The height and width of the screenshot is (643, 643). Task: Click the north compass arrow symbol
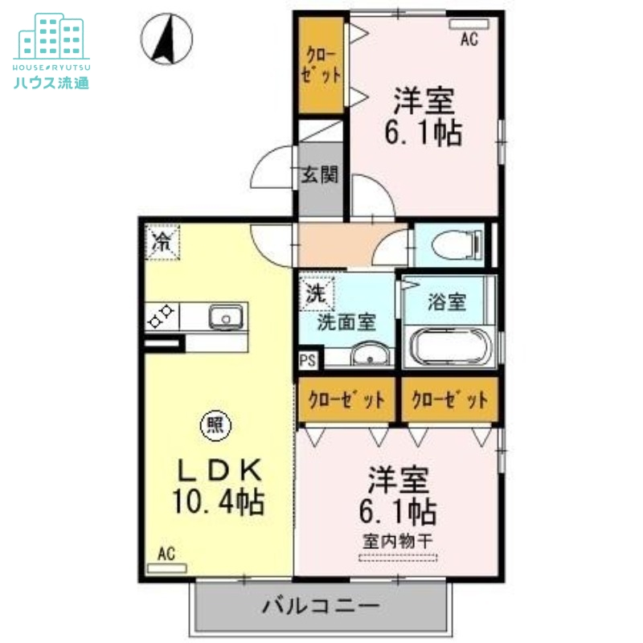[x=166, y=39]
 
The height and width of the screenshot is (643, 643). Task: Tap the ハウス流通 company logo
[x=51, y=51]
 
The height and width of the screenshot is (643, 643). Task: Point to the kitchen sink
[x=226, y=317]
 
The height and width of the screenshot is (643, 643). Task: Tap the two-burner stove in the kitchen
[x=162, y=316]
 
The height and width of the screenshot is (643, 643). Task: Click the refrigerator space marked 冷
[x=163, y=243]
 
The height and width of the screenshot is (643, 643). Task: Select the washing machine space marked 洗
[x=317, y=293]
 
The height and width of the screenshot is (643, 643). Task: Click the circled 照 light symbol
[x=215, y=425]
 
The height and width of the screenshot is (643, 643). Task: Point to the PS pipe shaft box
[x=308, y=360]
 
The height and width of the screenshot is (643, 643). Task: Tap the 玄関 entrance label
[x=320, y=175]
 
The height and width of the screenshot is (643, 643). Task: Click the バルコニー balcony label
[x=321, y=606]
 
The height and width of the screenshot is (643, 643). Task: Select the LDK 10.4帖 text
[x=218, y=486]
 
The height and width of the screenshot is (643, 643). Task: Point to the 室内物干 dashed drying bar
[x=398, y=558]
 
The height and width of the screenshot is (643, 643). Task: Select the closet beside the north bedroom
[x=321, y=65]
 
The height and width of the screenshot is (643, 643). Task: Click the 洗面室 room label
[x=346, y=322]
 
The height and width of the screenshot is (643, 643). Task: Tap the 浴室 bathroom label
[x=447, y=301]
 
